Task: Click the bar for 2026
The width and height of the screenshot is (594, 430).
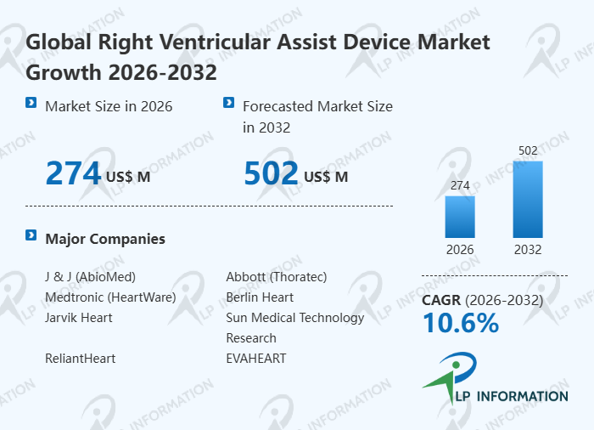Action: tap(460, 217)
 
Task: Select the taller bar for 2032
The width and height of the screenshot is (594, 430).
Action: tap(528, 199)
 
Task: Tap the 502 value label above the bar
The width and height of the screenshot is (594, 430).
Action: tap(528, 151)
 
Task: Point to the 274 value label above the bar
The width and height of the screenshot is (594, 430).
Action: tap(460, 185)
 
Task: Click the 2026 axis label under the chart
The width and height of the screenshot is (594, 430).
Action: tap(460, 250)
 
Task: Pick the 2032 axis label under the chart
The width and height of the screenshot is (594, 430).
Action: tap(528, 250)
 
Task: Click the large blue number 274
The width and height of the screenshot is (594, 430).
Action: tap(73, 173)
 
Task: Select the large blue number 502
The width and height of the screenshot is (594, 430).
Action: tap(271, 173)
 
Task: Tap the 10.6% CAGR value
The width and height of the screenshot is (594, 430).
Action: tap(461, 323)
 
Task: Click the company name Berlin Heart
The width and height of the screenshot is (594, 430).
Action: tap(260, 297)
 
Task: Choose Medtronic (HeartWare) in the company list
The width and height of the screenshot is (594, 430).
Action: tap(110, 297)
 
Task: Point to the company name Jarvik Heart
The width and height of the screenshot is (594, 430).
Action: tap(79, 318)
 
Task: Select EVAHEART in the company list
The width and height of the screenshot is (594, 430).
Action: tap(256, 359)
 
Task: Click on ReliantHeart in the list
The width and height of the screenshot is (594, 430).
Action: tap(81, 359)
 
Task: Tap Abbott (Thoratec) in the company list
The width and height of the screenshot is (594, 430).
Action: tap(277, 277)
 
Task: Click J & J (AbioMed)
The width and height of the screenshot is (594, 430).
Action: tap(90, 277)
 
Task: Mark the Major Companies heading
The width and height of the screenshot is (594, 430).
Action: tap(105, 239)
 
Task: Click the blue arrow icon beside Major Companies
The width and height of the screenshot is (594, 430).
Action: tap(31, 235)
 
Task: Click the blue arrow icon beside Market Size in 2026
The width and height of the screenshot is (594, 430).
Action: tap(31, 103)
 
